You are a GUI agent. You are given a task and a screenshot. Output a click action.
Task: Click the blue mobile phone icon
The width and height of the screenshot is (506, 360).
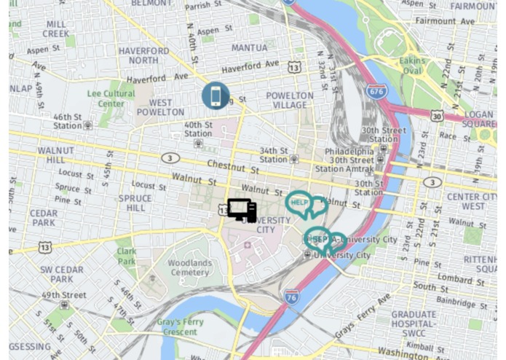point(216,95)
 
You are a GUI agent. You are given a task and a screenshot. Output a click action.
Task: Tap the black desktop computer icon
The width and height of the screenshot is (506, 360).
point(242,210)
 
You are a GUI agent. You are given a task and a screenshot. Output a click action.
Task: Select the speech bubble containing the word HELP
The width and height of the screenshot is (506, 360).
point(299,203)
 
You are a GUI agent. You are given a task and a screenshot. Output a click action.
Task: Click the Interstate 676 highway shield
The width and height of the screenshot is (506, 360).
point(376,92)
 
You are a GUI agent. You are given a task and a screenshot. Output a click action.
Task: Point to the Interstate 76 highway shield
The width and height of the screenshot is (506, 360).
point(292,297)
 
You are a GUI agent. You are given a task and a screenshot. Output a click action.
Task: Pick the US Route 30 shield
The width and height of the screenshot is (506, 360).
point(437,116)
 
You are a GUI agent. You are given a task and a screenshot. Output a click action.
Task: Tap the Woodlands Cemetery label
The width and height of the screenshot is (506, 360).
point(190,267)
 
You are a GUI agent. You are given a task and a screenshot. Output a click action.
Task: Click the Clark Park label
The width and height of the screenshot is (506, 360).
point(127,256)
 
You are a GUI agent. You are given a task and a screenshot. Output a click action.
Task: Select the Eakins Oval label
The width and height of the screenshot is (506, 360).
point(411,66)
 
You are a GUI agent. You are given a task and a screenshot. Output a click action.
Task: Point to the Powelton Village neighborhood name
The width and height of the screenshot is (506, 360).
point(290,100)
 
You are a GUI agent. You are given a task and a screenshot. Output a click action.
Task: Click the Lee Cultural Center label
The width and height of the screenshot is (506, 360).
point(111,98)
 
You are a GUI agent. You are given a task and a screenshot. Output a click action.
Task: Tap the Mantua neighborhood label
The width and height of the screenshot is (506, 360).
point(250,48)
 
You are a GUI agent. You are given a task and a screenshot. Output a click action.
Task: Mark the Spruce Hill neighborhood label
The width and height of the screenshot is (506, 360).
point(135,203)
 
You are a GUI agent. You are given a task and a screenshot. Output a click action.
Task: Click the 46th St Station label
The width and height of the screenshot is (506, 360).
point(68,121)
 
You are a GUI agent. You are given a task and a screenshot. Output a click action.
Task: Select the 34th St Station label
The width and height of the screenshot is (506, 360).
point(274,154)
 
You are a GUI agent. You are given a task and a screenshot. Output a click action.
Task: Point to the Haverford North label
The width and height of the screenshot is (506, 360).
point(143,55)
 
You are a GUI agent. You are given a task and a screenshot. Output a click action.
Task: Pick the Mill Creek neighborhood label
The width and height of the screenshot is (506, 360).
point(56,29)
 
